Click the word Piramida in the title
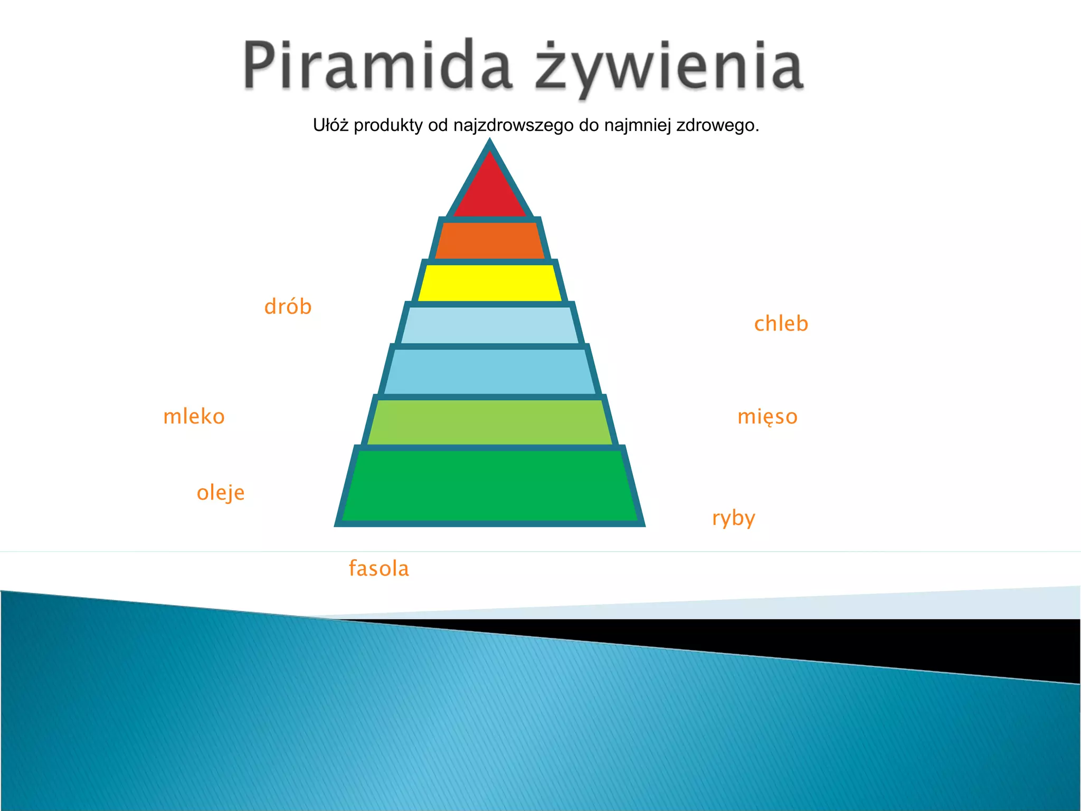coord(377,65)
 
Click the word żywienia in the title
coord(669,68)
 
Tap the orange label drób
coord(288,307)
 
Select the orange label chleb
coord(781,324)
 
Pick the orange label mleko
coord(194,417)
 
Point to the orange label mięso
coord(767,417)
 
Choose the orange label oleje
coord(221,493)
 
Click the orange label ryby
coord(734,518)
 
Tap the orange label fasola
coord(378,569)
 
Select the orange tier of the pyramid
coord(490,241)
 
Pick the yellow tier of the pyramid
coord(490,283)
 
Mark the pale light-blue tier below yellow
coord(490,325)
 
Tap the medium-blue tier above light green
coord(490,372)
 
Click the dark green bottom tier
coord(490,486)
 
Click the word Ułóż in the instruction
coord(330,125)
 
